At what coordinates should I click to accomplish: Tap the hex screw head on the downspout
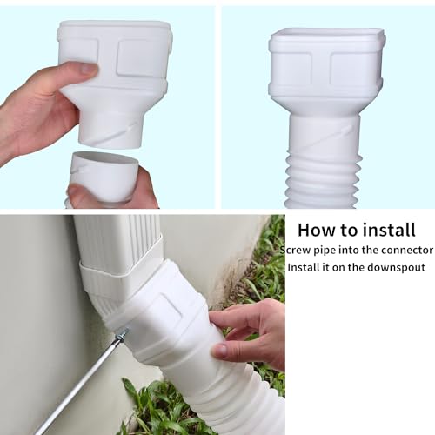point(123,334)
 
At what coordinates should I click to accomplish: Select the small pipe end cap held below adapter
point(103,177)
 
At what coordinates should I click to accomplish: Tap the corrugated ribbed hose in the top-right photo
point(324,179)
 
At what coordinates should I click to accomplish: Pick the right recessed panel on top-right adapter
point(351,69)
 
